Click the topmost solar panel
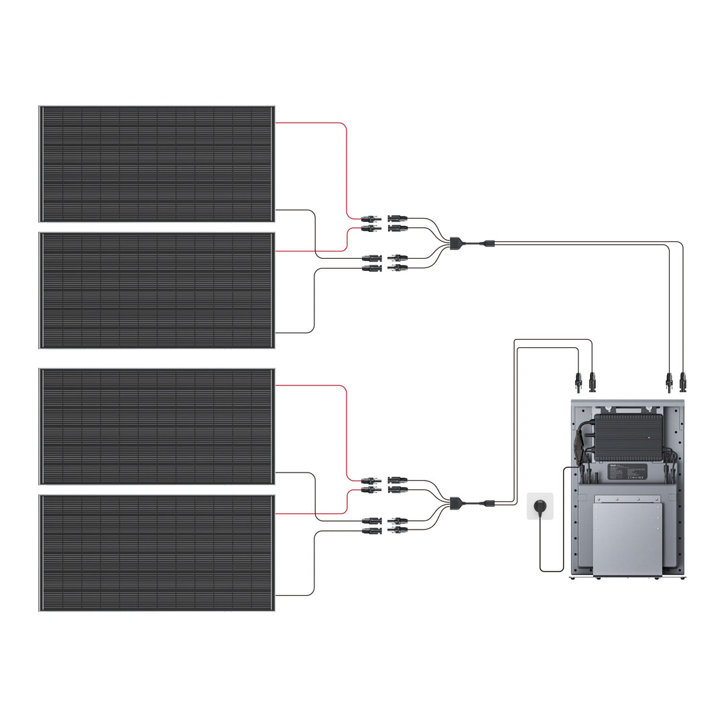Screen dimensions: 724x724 156,163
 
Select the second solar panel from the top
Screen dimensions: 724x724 156,290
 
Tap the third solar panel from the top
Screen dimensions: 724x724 156,426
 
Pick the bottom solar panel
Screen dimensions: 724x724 156,553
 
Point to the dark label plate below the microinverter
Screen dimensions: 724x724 627,471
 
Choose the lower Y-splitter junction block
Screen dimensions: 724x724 456,501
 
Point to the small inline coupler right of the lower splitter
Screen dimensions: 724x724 489,503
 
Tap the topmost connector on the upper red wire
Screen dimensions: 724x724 370,219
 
